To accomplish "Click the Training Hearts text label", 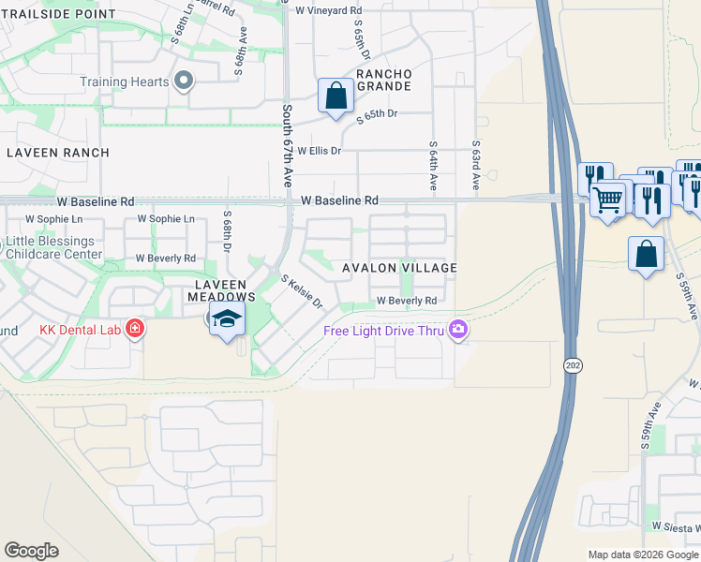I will (125, 81).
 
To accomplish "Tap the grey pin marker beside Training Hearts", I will (185, 81).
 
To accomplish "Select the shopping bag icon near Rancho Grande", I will (335, 96).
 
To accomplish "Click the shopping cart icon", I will (608, 199).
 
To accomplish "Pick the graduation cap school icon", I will (226, 318).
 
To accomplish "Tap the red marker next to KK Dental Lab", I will (135, 329).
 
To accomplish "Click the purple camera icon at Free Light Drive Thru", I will (458, 329).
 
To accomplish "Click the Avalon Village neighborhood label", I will (399, 268).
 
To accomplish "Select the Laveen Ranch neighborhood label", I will (57, 152).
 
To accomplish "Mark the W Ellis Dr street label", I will (320, 150).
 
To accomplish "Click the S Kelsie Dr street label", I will (302, 291).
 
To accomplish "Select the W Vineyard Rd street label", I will (328, 9).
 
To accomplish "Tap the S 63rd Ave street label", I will (476, 167).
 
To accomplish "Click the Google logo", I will (31, 551).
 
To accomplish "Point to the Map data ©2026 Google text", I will (643, 555).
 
